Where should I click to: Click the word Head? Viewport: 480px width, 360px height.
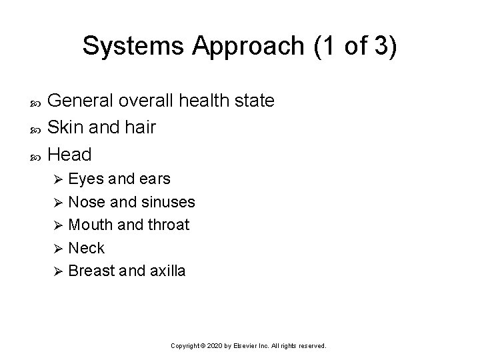click(70, 154)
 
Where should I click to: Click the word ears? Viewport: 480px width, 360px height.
click(153, 179)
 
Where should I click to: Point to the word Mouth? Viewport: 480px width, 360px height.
click(90, 225)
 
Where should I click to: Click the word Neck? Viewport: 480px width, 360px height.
click(87, 248)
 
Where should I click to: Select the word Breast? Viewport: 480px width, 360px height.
click(91, 271)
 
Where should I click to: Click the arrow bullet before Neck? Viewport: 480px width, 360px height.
click(57, 249)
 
